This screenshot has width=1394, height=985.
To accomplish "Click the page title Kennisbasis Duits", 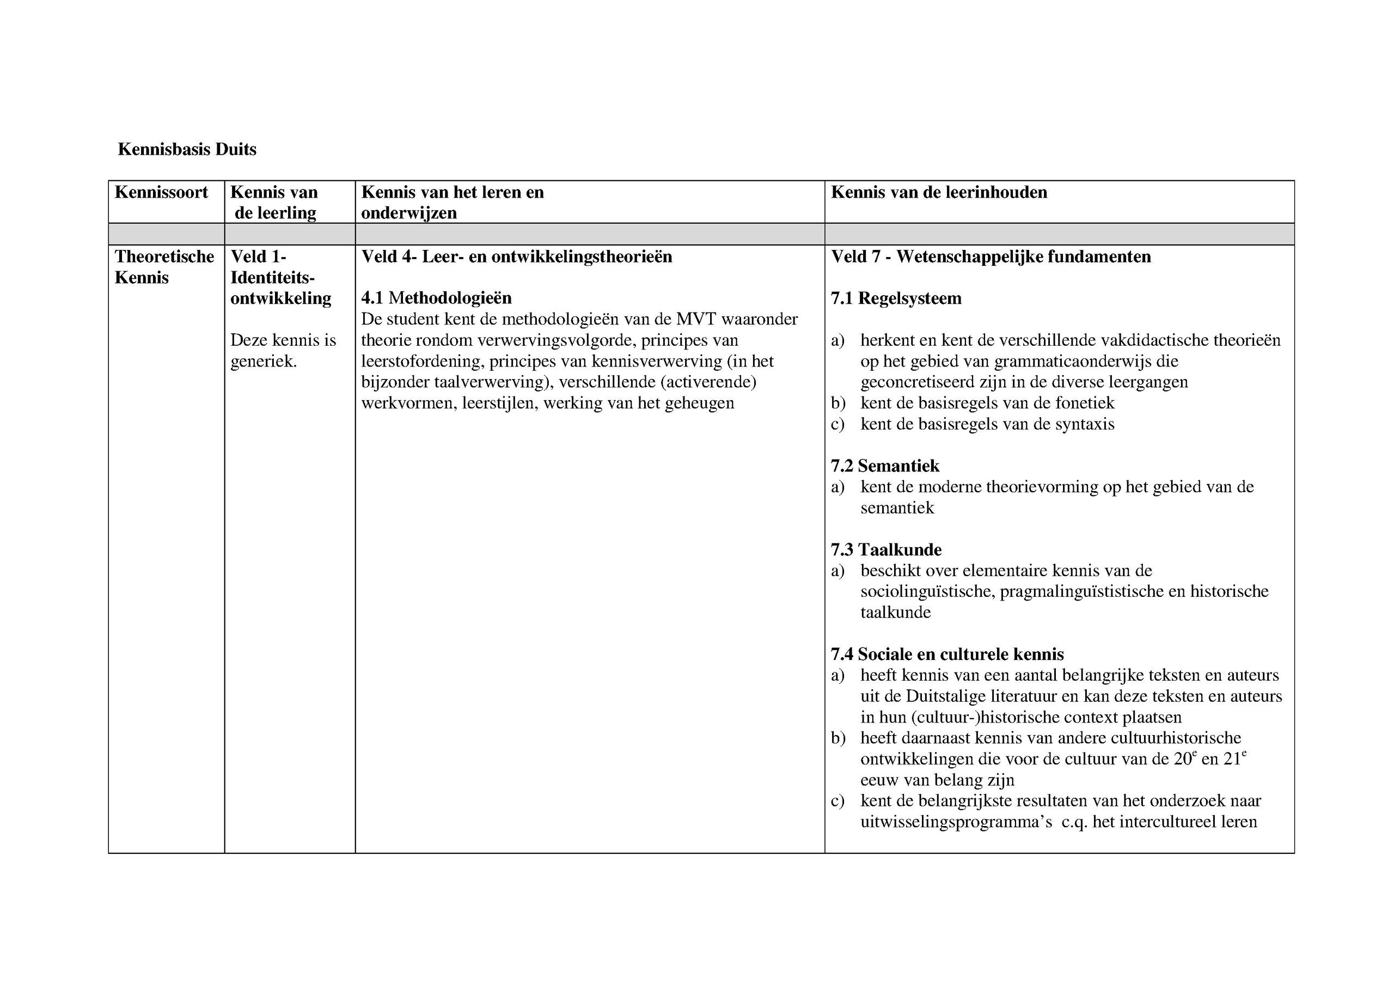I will tap(187, 149).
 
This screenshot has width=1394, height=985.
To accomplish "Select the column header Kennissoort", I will tap(161, 193).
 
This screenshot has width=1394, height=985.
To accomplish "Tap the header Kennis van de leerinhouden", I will tap(939, 193).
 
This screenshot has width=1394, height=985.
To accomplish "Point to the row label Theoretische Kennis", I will tap(164, 267).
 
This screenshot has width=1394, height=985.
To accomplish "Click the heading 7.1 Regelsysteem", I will tap(896, 299).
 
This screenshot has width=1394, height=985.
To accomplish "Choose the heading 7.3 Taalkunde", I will tap(886, 550).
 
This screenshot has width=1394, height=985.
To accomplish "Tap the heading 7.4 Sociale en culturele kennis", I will tap(947, 654).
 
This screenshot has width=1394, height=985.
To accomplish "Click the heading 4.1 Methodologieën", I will tap(436, 298).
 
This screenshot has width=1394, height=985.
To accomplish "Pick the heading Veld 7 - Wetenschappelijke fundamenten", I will tap(991, 257).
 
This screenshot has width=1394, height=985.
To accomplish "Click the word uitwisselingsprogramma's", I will tap(956, 822).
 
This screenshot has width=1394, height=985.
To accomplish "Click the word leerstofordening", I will tap(423, 362).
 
